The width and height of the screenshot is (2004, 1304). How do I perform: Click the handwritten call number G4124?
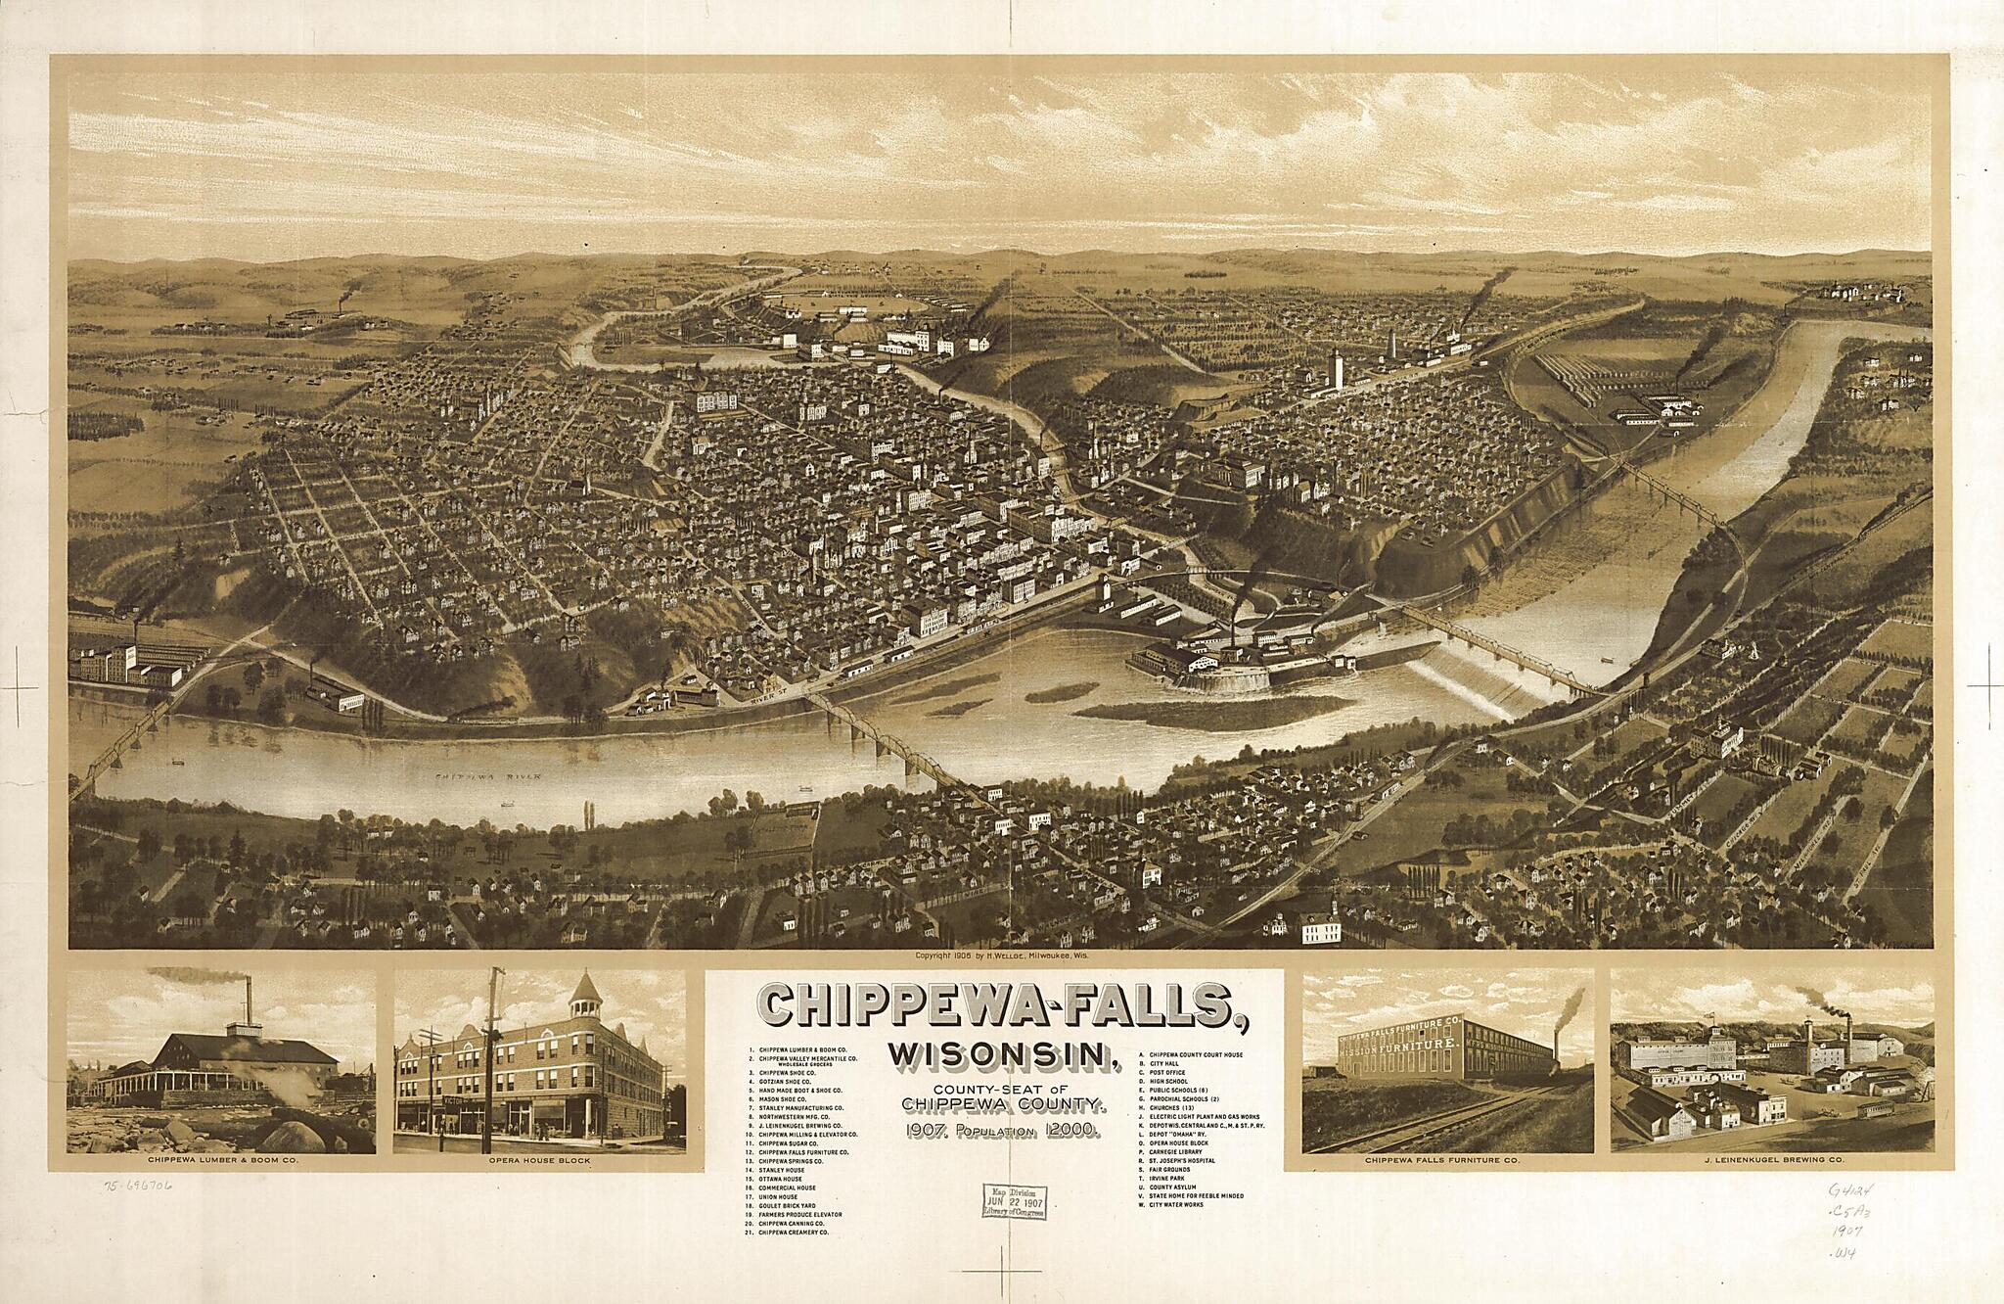click(1862, 1188)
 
